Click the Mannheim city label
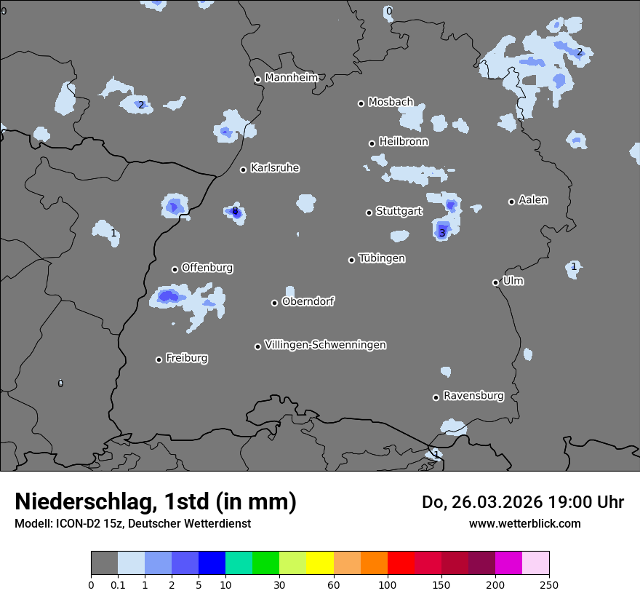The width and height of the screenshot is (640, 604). click(x=292, y=78)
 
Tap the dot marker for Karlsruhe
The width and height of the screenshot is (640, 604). click(x=244, y=170)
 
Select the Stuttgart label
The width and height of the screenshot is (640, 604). click(x=399, y=212)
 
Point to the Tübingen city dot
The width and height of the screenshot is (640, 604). click(x=352, y=260)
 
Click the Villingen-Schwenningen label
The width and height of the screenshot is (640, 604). click(x=325, y=345)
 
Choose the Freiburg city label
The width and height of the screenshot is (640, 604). click(x=186, y=358)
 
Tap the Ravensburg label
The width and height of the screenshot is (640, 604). click(x=473, y=396)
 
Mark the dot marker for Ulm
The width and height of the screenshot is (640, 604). click(x=496, y=282)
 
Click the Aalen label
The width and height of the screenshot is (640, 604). click(x=533, y=200)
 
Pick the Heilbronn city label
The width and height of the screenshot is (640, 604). click(x=404, y=142)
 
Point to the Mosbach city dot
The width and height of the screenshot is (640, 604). click(x=361, y=103)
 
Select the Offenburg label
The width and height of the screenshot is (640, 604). click(x=207, y=268)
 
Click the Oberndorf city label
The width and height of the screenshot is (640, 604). click(x=308, y=301)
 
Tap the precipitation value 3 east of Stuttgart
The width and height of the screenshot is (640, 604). click(x=442, y=233)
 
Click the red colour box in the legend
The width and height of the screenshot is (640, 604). click(x=401, y=563)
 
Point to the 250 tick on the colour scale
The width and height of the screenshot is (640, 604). click(x=549, y=584)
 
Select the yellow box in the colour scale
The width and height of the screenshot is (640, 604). click(x=320, y=563)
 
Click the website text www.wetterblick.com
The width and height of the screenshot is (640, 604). click(x=524, y=523)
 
